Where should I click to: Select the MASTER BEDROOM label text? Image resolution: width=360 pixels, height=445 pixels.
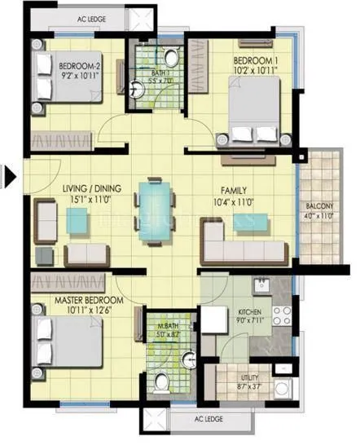77,301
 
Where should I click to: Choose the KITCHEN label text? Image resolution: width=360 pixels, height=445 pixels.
248,312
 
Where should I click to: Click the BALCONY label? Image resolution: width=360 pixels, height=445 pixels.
319,206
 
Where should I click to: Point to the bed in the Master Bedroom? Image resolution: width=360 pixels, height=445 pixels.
57,341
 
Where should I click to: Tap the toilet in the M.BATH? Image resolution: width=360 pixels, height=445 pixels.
161,381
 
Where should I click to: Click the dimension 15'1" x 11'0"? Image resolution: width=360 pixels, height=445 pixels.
91,200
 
